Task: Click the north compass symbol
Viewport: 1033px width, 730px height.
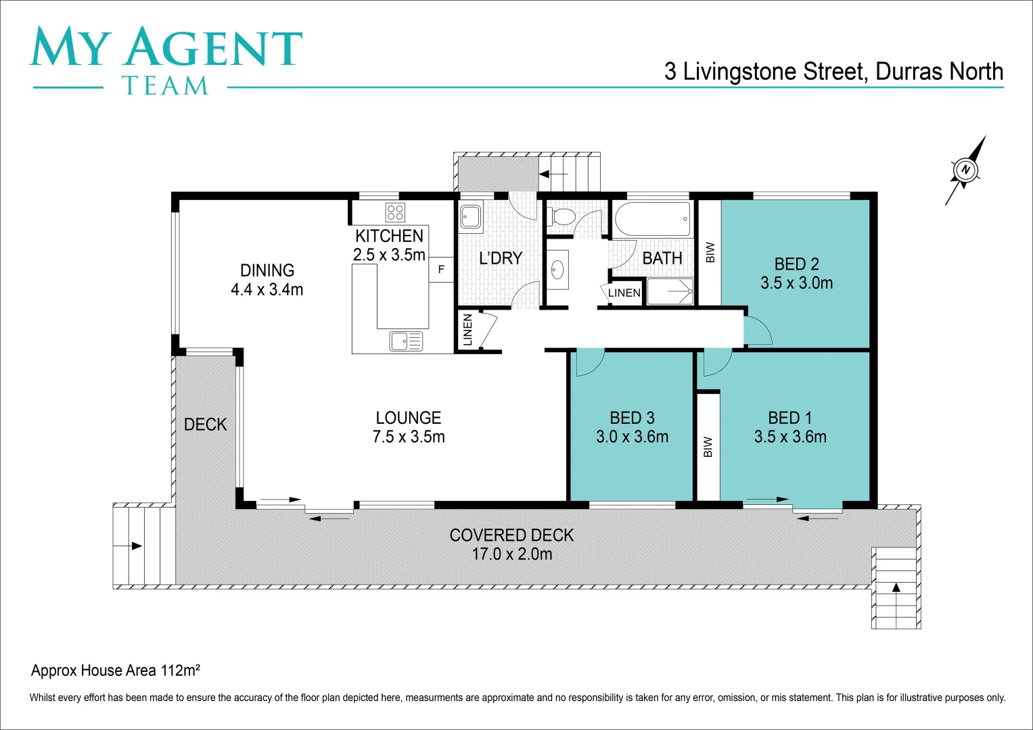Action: click(x=965, y=170)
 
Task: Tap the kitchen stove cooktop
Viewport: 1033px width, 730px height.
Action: click(x=395, y=212)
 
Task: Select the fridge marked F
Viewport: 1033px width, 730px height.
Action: click(x=441, y=269)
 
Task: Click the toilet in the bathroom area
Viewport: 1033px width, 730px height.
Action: click(x=562, y=217)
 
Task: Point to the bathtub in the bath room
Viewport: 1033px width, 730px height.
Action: click(x=652, y=219)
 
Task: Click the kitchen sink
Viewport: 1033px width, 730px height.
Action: click(x=405, y=341)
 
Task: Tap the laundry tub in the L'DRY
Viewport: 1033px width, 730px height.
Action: click(x=471, y=217)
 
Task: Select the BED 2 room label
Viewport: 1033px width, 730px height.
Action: click(x=796, y=264)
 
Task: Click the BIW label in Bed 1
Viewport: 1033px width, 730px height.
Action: click(x=708, y=447)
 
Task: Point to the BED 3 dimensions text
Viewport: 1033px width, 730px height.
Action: click(x=632, y=437)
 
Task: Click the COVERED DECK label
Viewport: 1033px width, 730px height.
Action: click(x=511, y=535)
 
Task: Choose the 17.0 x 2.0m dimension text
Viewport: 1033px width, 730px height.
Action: click(x=511, y=554)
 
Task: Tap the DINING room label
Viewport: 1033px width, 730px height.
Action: click(x=267, y=270)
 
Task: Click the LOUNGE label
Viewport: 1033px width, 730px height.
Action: click(x=408, y=418)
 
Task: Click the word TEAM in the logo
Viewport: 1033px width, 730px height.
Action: click(x=165, y=86)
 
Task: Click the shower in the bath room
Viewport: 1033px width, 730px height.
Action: click(x=670, y=292)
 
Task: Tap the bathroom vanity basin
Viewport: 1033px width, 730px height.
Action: click(x=557, y=270)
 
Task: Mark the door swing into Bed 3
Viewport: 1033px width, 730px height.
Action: click(x=588, y=363)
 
